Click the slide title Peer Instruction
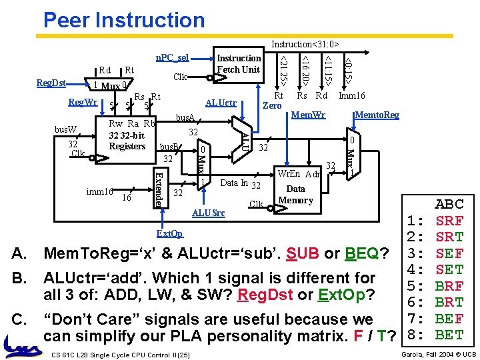click(124, 20)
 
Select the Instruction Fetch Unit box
click(239, 64)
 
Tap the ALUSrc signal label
click(208, 213)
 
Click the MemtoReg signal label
click(377, 115)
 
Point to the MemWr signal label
click(309, 115)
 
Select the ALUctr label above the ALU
click(221, 103)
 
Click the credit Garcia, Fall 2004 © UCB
click(438, 353)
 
